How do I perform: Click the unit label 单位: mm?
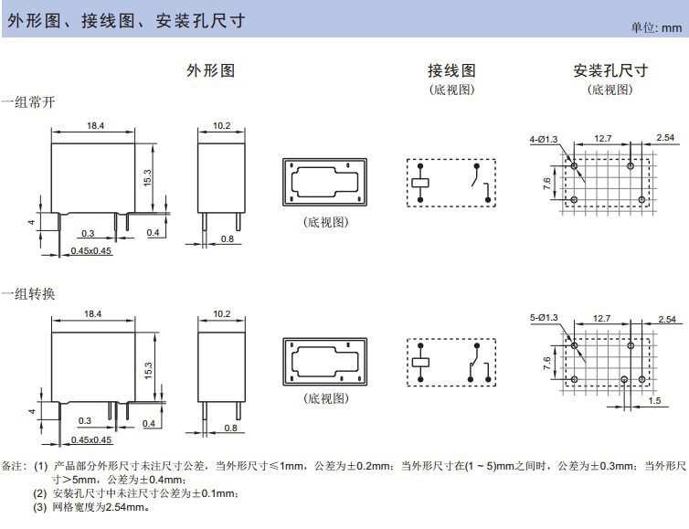[656, 28]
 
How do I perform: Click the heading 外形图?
[211, 70]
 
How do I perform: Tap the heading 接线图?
[451, 70]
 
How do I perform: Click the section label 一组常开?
[28, 102]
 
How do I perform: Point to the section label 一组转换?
[28, 293]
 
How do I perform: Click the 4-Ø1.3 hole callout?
[544, 139]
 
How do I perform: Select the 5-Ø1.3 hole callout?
[544, 317]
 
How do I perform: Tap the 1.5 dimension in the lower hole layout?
[653, 401]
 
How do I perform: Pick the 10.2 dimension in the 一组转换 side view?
[221, 313]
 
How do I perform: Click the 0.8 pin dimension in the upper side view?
[228, 239]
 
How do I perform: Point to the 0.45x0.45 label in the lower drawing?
[91, 439]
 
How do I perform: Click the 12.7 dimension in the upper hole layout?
[601, 138]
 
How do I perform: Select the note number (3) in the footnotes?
[39, 506]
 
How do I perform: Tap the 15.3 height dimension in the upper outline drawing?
[146, 177]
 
